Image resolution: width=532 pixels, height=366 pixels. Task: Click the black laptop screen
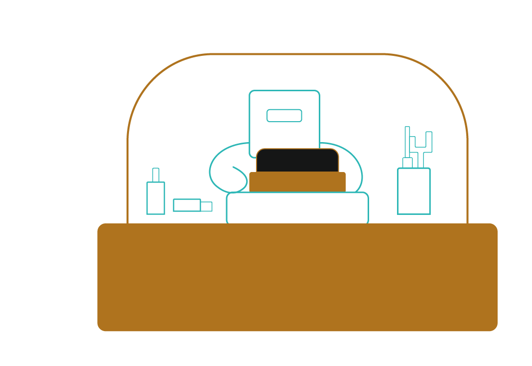(297, 161)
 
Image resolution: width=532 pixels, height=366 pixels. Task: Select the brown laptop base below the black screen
(297, 182)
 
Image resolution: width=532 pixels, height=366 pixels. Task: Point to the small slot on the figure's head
(284, 116)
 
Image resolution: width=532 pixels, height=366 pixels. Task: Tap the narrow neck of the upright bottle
(156, 175)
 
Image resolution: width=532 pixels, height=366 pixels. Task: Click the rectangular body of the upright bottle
(156, 198)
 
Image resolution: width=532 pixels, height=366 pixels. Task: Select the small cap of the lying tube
(206, 206)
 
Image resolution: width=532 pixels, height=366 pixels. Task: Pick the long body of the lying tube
(187, 205)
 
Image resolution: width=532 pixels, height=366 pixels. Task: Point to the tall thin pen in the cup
(407, 142)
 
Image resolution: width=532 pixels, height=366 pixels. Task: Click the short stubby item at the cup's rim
(407, 163)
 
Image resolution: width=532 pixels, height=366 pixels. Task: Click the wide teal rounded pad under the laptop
(297, 208)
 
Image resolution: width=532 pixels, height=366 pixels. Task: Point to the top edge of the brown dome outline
(297, 54)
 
